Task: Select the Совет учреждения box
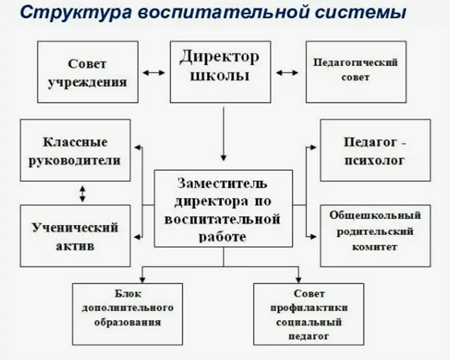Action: pyautogui.click(x=87, y=72)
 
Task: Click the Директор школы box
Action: pyautogui.click(x=220, y=72)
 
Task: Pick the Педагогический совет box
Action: pyautogui.click(x=356, y=72)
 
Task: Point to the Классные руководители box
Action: pyautogui.click(x=75, y=150)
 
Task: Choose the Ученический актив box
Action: pyautogui.click(x=75, y=236)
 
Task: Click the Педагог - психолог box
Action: pyautogui.click(x=375, y=150)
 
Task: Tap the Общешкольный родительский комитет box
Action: pyautogui.click(x=375, y=236)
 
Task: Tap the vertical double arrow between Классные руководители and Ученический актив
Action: pyautogui.click(x=82, y=193)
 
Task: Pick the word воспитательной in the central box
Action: pyautogui.click(x=222, y=218)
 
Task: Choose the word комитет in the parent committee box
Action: pyautogui.click(x=374, y=247)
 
